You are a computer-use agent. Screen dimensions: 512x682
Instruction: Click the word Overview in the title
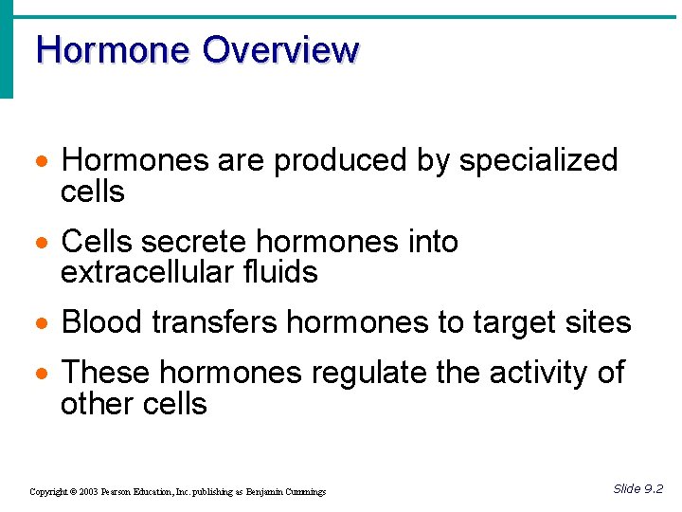[280, 49]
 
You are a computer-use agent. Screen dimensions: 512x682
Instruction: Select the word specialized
[538, 161]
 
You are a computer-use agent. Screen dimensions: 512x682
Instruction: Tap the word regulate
[368, 374]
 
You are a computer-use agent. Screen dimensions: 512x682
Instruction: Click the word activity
[541, 374]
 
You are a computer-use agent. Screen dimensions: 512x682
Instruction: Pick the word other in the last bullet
[93, 404]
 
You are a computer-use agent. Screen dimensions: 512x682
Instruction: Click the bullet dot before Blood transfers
[42, 324]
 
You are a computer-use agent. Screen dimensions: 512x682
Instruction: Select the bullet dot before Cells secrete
[42, 244]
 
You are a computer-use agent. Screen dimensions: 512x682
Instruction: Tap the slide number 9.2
[653, 488]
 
